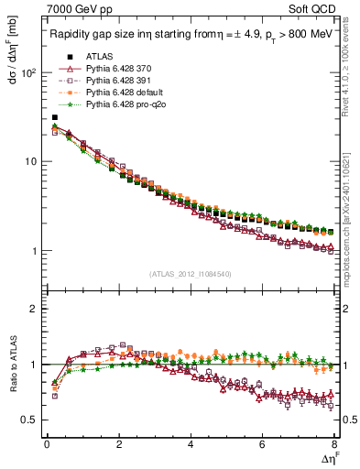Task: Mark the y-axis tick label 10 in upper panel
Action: [x=31, y=161]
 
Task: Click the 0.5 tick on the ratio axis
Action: [x=30, y=420]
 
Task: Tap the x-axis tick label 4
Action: [x=191, y=444]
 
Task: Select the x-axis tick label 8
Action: [x=334, y=444]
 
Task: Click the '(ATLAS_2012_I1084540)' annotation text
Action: [x=191, y=274]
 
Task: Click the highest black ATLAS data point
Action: [x=55, y=117]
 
